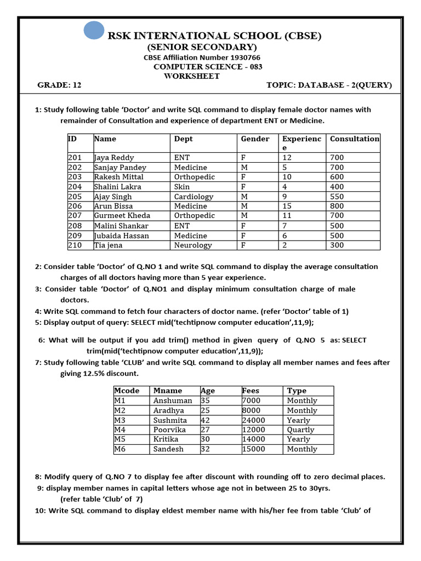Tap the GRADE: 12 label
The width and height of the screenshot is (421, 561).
pos(59,85)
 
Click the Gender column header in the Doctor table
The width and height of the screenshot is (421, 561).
pos(255,139)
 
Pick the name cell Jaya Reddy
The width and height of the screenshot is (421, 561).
pos(114,158)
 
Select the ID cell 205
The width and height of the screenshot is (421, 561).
pos(75,197)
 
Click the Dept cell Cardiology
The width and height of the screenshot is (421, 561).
pos(194,197)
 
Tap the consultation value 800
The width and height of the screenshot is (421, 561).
pos(337,207)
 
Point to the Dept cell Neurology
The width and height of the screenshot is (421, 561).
pos(192,245)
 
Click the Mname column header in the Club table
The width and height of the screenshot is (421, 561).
pos(167,391)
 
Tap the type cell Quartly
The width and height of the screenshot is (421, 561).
pos(300,430)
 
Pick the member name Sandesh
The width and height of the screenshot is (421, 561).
pos(168,449)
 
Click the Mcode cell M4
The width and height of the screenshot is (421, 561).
pos(120,430)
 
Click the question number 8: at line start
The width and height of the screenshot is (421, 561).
pos(38,477)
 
